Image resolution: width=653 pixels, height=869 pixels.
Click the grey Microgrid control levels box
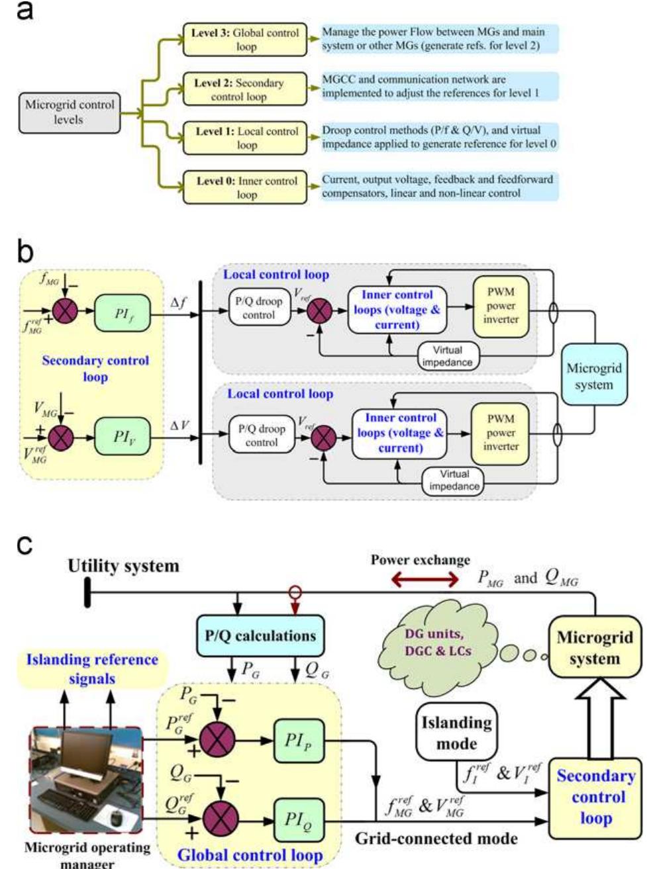(70, 112)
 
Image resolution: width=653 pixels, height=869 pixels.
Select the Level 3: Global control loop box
(245, 40)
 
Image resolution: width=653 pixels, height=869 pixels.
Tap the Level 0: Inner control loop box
(245, 187)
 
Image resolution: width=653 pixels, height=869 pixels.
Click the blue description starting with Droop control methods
(439, 137)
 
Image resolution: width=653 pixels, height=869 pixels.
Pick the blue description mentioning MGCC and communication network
(439, 86)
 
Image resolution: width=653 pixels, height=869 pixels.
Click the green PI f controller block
(123, 314)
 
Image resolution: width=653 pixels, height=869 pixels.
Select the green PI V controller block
(123, 437)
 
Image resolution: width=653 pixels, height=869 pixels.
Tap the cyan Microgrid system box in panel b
(593, 377)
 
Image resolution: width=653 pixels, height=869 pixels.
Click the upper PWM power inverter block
(500, 306)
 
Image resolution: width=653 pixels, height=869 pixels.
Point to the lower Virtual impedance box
(454, 480)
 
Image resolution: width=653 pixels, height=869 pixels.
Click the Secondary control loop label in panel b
(95, 369)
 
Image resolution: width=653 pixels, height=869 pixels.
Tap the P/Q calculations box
(260, 636)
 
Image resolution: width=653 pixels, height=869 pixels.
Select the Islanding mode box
(456, 732)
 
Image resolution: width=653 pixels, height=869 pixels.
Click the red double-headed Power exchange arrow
(425, 580)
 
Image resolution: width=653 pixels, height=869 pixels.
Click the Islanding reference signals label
(92, 668)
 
